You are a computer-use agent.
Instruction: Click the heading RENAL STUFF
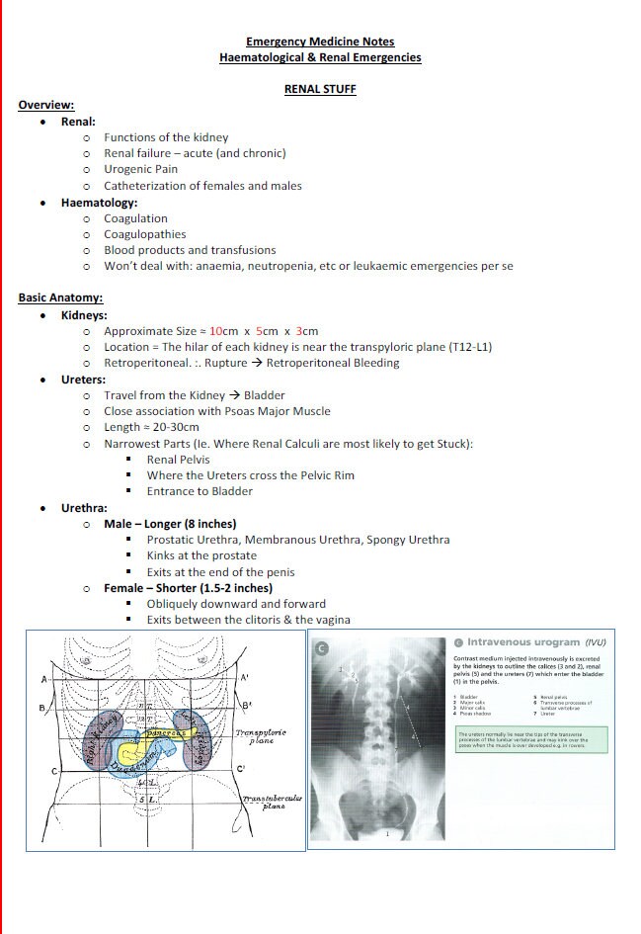[x=320, y=89]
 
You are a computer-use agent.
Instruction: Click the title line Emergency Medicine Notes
[x=320, y=42]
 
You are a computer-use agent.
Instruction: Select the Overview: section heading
[x=45, y=105]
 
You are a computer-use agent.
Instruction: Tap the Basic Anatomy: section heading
[x=60, y=298]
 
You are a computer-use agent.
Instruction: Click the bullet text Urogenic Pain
[x=140, y=169]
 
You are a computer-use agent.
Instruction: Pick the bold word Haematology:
[x=99, y=203]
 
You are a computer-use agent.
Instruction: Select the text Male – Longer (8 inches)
[x=170, y=524]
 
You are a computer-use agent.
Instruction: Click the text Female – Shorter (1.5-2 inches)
[x=189, y=588]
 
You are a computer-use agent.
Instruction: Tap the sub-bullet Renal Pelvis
[x=178, y=460]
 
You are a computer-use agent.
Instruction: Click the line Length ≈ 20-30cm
[x=151, y=427]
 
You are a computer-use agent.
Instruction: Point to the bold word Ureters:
[x=84, y=379]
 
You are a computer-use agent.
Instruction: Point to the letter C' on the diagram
[x=240, y=769]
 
